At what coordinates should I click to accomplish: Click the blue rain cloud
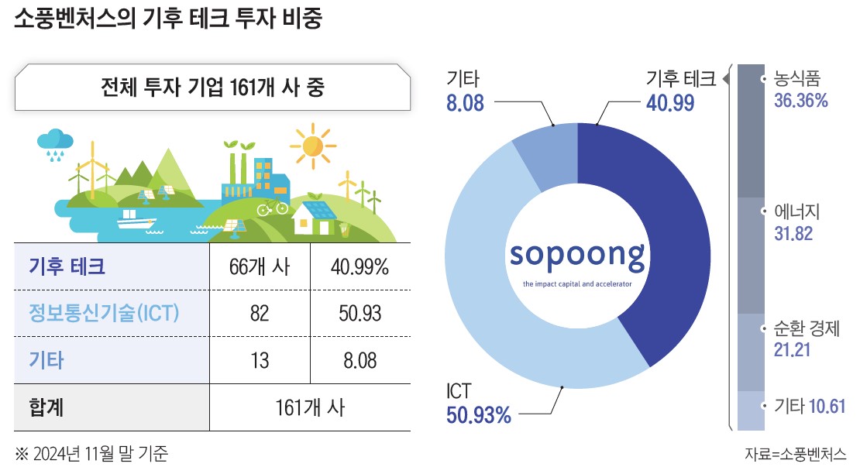tap(55, 141)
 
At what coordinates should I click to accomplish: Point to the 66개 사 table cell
tap(260, 268)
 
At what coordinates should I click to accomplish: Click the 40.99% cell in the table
tap(359, 268)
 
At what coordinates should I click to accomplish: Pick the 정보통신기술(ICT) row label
tap(104, 314)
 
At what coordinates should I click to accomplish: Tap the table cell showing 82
tap(260, 314)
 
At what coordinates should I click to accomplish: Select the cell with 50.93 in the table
tap(359, 314)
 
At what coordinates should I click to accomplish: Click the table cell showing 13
tap(260, 360)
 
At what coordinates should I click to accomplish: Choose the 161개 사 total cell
tap(310, 407)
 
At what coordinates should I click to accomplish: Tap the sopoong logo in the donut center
tap(577, 256)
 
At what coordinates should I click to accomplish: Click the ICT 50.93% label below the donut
tap(479, 404)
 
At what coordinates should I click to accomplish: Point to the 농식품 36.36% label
tap(801, 89)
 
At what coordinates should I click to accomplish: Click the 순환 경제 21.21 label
tap(807, 338)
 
